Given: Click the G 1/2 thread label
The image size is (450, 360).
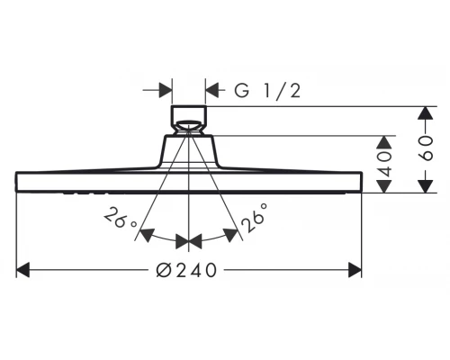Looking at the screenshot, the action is [267, 90].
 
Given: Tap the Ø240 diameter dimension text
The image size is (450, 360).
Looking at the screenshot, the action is [186, 270].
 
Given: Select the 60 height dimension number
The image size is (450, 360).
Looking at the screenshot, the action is [426, 148].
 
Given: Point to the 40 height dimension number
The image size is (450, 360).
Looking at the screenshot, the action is [384, 164].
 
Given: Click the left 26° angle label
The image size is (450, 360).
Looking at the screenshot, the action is [121, 218].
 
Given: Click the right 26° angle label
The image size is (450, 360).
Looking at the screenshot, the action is [254, 217].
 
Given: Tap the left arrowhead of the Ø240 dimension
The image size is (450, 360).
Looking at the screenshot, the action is [22, 270].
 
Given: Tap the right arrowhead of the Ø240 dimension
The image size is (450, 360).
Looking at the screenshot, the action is [355, 270].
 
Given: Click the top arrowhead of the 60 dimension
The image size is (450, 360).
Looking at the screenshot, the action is [426, 113].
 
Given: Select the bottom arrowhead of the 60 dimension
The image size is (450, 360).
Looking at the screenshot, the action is [426, 185].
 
